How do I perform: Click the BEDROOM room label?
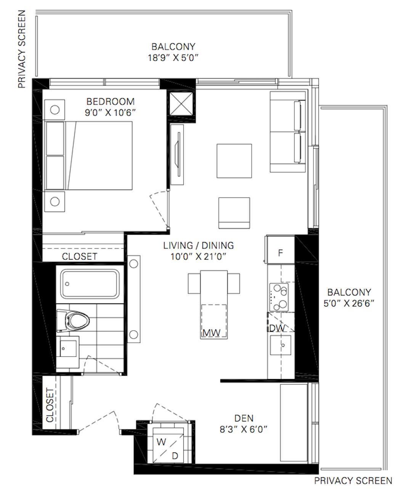[110, 101]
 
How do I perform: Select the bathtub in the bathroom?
[90, 284]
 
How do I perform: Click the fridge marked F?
[280, 249]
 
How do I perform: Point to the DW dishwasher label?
[277, 328]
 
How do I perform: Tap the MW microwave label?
[211, 333]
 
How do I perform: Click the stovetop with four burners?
[279, 297]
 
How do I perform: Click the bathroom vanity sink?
[68, 348]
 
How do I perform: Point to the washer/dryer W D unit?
[169, 449]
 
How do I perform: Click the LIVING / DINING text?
[199, 245]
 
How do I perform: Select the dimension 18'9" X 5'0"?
[173, 58]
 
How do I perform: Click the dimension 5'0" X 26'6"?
[349, 304]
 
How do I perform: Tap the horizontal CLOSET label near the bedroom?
[80, 257]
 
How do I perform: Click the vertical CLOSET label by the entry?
[50, 405]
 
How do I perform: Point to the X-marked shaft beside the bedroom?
[181, 104]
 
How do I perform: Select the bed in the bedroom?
[88, 156]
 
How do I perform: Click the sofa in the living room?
[288, 132]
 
